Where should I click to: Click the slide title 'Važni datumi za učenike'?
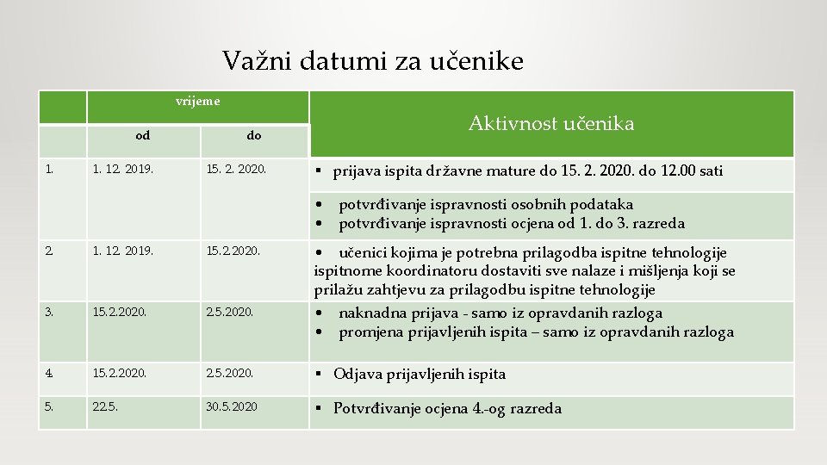click(x=372, y=61)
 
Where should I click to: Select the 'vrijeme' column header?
click(x=197, y=102)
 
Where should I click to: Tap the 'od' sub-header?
click(x=143, y=135)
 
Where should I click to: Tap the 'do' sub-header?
click(x=253, y=135)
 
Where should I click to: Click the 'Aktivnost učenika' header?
click(x=551, y=124)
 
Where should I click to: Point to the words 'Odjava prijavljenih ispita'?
click(x=419, y=375)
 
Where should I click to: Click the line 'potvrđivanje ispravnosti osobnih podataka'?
click(x=485, y=205)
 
